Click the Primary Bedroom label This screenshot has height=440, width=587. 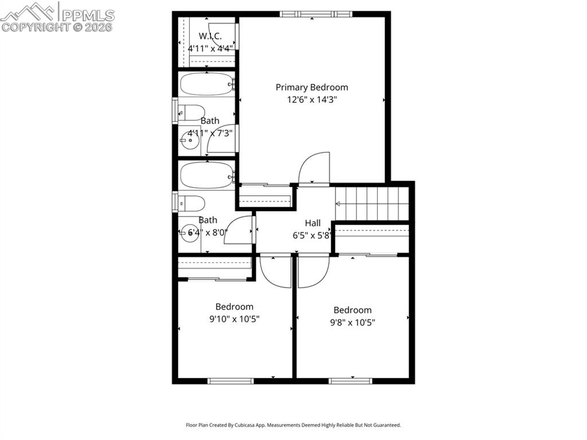pyautogui.click(x=312, y=87)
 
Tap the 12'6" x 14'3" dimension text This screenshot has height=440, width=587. pyautogui.click(x=312, y=100)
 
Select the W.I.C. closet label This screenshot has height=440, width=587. pyautogui.click(x=210, y=36)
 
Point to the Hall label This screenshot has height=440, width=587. pyautogui.click(x=312, y=223)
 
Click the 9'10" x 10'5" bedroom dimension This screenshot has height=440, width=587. pyautogui.click(x=234, y=319)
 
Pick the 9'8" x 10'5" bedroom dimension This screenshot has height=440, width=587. pyautogui.click(x=353, y=323)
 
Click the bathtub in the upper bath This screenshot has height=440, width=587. pyautogui.click(x=206, y=84)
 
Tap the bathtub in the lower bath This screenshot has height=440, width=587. pyautogui.click(x=206, y=175)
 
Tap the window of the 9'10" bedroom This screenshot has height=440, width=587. pyautogui.click(x=230, y=380)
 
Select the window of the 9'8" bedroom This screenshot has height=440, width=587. pyautogui.click(x=350, y=380)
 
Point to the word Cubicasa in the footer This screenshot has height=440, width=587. pyautogui.click(x=246, y=425)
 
